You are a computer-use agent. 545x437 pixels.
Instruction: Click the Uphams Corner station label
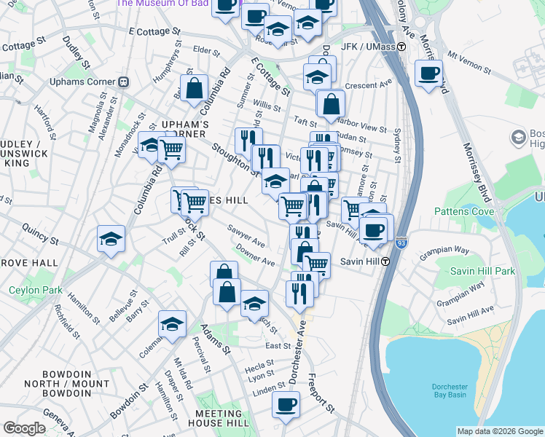tap(79, 81)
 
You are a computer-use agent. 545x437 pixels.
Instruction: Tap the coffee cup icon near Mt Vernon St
tap(428, 74)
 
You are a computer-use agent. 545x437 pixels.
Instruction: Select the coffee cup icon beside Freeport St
tap(286, 406)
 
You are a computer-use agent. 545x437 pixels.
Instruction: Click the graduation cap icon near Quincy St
tap(111, 239)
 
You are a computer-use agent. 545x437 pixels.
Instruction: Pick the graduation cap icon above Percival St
tap(172, 324)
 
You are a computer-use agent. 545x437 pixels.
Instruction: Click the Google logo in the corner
tap(24, 428)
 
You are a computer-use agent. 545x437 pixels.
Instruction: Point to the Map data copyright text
tap(499, 431)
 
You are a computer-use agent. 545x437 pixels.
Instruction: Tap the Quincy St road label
tap(39, 238)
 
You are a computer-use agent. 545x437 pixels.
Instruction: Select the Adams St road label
tap(216, 340)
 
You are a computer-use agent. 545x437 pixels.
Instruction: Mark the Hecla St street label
tap(259, 368)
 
